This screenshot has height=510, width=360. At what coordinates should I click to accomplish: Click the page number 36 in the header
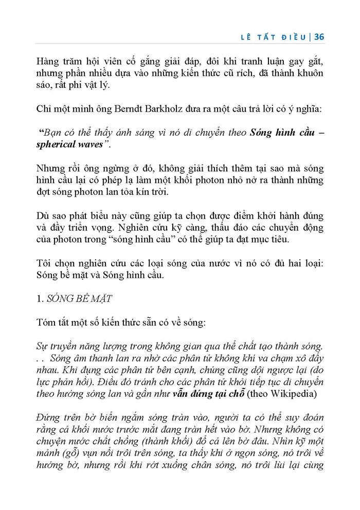[318, 37]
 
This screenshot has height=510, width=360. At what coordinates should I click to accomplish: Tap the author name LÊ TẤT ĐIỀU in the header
[277, 37]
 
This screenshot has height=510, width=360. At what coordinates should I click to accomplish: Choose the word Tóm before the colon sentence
[47, 322]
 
